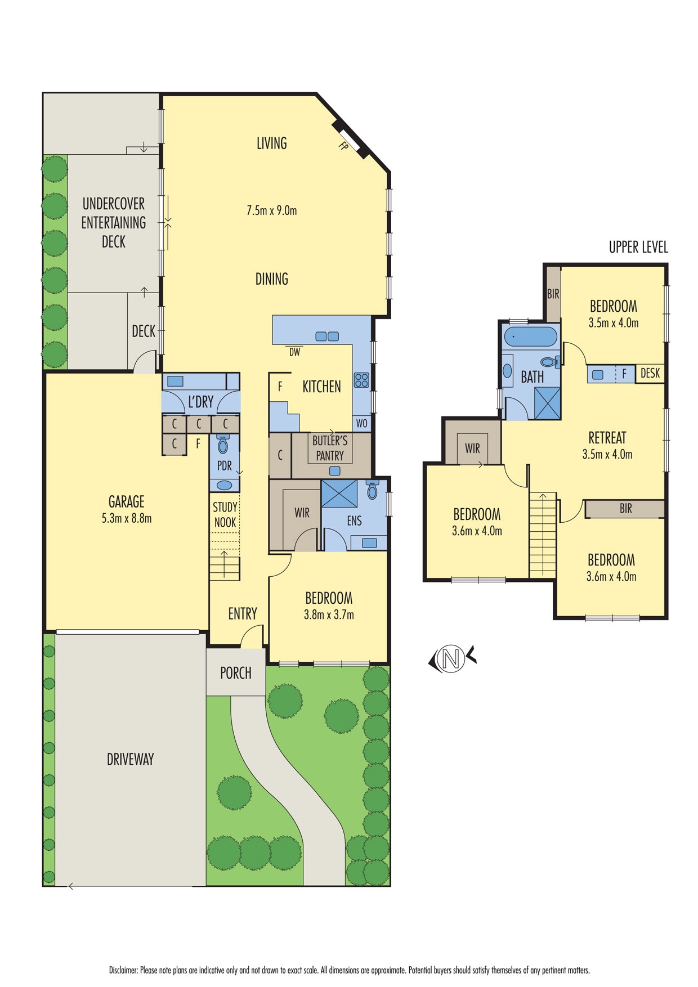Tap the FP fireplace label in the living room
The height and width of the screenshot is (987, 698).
(x=343, y=146)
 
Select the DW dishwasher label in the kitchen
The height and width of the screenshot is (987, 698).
(x=294, y=352)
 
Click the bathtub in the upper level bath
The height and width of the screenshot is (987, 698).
(x=531, y=338)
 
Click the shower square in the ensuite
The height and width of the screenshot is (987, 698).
(x=339, y=493)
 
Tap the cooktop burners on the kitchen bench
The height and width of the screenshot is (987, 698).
(x=361, y=380)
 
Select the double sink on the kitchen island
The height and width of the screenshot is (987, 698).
(x=327, y=337)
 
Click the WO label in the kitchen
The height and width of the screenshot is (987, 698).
(x=361, y=423)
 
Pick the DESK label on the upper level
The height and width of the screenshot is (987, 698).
(x=650, y=373)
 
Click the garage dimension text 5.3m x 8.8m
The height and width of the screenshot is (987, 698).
(x=127, y=518)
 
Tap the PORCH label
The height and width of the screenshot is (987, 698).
(x=236, y=672)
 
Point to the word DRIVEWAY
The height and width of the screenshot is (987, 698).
(x=131, y=759)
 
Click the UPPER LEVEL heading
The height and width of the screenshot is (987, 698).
(x=638, y=247)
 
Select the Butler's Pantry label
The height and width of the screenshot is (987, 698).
(x=330, y=448)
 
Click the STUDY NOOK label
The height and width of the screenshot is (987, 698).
(x=225, y=514)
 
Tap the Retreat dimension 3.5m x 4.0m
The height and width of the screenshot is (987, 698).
(x=607, y=454)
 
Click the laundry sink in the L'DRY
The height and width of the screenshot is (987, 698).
(x=175, y=381)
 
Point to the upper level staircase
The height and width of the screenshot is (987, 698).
(x=543, y=535)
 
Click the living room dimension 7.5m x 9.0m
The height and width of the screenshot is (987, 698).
(x=272, y=210)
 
